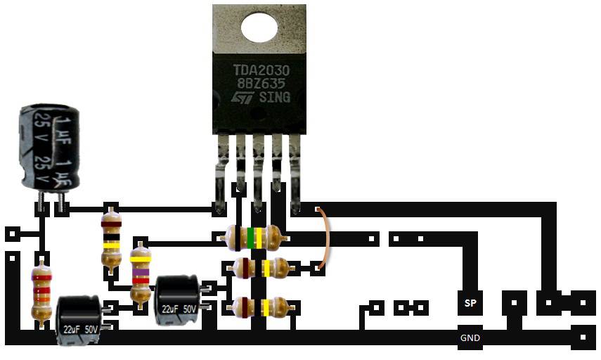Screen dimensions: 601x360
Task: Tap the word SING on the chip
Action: (276, 98)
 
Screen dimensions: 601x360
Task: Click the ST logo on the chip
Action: (243, 98)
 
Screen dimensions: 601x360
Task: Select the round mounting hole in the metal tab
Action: (259, 27)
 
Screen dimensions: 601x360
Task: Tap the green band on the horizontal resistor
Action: (250, 238)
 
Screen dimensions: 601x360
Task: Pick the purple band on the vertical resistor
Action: (141, 272)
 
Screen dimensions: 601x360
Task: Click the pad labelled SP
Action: (470, 303)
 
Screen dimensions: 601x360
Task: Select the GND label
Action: (470, 338)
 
